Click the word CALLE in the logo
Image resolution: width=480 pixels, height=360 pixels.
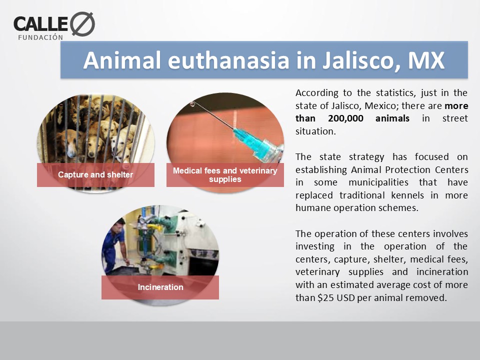[x=40, y=24]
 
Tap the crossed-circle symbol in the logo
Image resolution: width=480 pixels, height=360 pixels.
[x=82, y=24]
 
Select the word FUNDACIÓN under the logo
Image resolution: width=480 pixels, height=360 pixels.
[x=40, y=37]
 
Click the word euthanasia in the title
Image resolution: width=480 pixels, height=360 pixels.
[x=228, y=60]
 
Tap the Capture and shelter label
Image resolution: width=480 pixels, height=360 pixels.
[x=95, y=175]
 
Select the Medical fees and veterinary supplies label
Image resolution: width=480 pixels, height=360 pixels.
[x=225, y=175]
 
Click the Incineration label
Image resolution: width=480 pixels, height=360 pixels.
[x=160, y=287]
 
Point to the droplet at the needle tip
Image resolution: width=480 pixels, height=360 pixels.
[x=192, y=104]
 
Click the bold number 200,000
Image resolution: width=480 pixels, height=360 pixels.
[x=345, y=118]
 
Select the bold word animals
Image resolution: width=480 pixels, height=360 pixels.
[x=392, y=118]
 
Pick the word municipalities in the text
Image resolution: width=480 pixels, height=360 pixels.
[x=378, y=182]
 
